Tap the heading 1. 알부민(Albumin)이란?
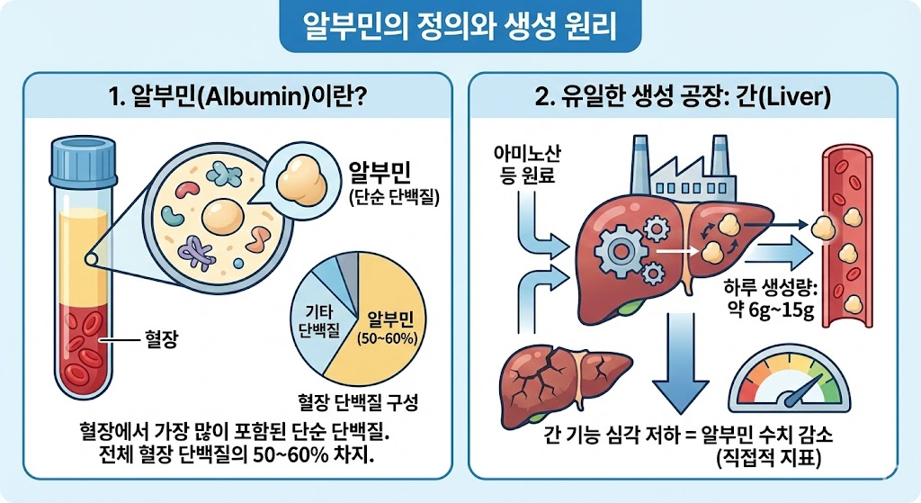pyautogui.click(x=236, y=97)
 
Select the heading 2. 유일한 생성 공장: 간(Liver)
pyautogui.click(x=684, y=97)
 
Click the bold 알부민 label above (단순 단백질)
pyautogui.click(x=381, y=174)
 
